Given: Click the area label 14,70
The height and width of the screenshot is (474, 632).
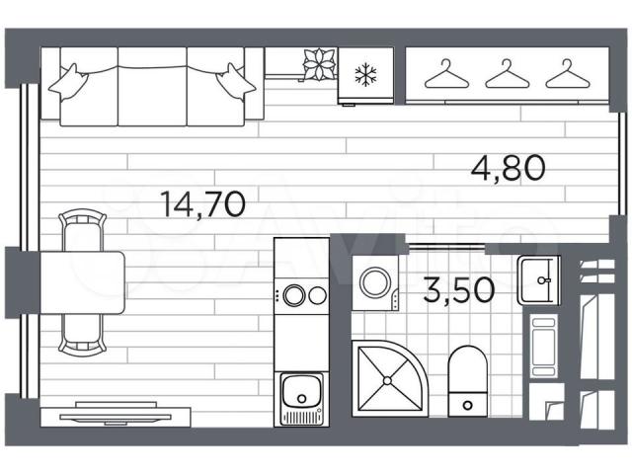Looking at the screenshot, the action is pyautogui.click(x=202, y=204).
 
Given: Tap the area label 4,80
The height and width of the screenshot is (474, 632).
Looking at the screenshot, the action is pyautogui.click(x=509, y=168).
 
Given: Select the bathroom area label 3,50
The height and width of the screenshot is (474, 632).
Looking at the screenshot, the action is pyautogui.click(x=458, y=289).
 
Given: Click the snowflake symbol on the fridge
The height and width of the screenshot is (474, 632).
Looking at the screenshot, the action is pyautogui.click(x=365, y=75).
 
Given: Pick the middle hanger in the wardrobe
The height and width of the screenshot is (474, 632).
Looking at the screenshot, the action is pyautogui.click(x=507, y=74).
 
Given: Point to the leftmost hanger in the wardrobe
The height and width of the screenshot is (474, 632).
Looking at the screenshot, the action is pyautogui.click(x=446, y=74).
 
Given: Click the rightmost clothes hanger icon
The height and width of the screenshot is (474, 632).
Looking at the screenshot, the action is pyautogui.click(x=568, y=74).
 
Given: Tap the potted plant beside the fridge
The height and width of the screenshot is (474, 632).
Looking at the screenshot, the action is pyautogui.click(x=319, y=64).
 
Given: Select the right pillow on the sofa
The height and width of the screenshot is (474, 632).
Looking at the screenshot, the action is pyautogui.click(x=235, y=83).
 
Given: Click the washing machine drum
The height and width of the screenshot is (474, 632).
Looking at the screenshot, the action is pyautogui.click(x=375, y=282).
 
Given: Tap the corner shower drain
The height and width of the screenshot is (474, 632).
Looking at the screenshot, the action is pyautogui.click(x=387, y=380).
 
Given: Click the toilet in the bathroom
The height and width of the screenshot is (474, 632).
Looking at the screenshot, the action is pyautogui.click(x=467, y=381).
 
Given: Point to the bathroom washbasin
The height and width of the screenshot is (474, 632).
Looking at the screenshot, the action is pyautogui.click(x=539, y=280).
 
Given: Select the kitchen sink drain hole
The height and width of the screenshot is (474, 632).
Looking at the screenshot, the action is pyautogui.click(x=301, y=399).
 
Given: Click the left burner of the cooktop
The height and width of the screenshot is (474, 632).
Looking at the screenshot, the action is pyautogui.click(x=293, y=295).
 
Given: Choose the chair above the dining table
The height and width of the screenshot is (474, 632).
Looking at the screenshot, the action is pyautogui.click(x=83, y=230).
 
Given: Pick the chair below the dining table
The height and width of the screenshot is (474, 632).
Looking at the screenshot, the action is pyautogui.click(x=83, y=335).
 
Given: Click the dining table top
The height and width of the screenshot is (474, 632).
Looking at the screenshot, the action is pyautogui.click(x=82, y=282).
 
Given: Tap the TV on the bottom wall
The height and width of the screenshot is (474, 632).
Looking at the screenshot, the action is pyautogui.click(x=116, y=415).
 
